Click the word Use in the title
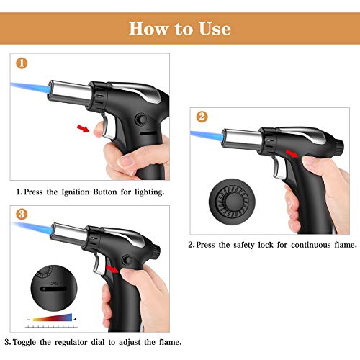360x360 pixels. tap(215, 29)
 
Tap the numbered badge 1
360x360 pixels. tap(22, 63)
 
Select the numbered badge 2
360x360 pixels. tap(202, 117)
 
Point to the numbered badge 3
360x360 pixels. tap(22, 214)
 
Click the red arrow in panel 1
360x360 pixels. tap(84, 128)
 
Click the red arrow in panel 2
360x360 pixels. tap(292, 153)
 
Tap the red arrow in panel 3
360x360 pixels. tap(112, 269)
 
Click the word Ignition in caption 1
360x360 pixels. tap(76, 192)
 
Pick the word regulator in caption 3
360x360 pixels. tap(71, 342)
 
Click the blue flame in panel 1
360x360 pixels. tap(30, 89)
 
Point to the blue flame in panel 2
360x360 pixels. tap(207, 135)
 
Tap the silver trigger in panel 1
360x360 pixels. tap(109, 127)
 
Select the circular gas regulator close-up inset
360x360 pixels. tap(54, 288)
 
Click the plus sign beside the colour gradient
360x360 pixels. tap(75, 319)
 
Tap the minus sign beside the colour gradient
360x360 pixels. tap(29, 320)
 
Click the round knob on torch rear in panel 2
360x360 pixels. tap(339, 147)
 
